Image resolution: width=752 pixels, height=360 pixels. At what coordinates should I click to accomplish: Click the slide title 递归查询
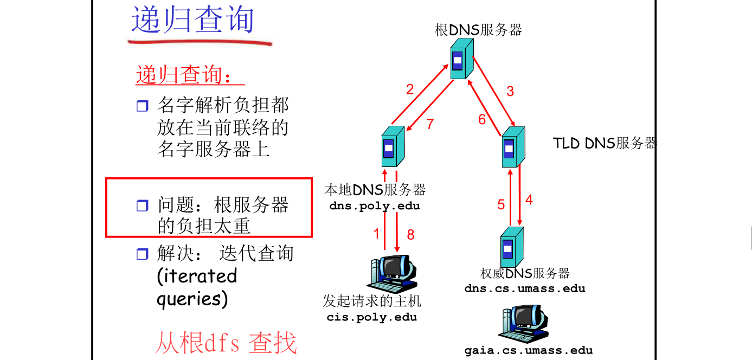tap(192, 21)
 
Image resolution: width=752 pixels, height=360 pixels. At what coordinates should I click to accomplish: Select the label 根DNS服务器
tap(478, 30)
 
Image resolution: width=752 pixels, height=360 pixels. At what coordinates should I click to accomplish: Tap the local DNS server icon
tap(393, 146)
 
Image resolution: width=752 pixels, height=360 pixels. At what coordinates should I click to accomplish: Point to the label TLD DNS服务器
tap(605, 143)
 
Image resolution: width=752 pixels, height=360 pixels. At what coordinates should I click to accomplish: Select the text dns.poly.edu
tap(375, 206)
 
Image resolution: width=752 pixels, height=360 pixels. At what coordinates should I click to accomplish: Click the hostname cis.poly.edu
tap(372, 317)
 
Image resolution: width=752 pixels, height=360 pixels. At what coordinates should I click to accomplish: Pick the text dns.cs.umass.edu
tap(525, 288)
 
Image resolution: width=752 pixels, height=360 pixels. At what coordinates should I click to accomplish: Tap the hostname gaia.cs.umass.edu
tap(529, 350)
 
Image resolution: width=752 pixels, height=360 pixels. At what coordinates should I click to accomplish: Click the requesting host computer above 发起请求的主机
tap(393, 273)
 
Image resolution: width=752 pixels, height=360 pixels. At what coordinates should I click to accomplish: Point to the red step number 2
tap(410, 89)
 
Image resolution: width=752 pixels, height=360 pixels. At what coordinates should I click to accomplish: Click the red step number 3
tap(510, 91)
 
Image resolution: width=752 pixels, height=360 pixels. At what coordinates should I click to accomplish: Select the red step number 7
tap(430, 124)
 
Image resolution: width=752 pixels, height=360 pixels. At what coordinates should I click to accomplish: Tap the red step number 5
tap(501, 204)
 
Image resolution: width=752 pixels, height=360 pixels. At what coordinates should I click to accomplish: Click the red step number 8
tap(410, 235)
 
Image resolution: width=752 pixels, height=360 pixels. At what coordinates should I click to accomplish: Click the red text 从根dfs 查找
tap(227, 343)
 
